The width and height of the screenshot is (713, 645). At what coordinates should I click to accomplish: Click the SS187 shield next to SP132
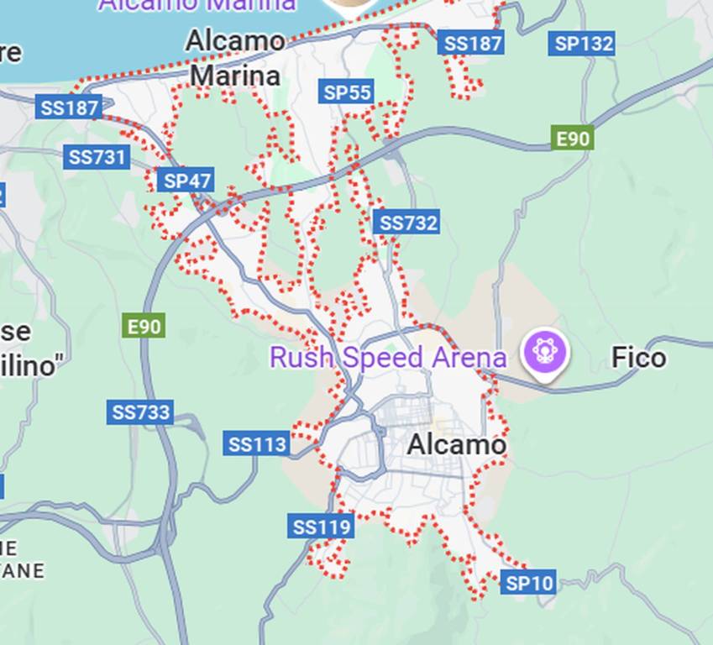pos(471,43)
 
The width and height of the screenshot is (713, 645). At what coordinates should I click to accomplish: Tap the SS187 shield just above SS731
pos(70,107)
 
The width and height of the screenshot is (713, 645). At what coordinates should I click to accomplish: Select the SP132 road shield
pos(583,43)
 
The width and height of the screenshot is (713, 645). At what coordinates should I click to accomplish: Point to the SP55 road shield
pos(346,92)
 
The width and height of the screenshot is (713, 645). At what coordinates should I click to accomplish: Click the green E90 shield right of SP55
pos(572,138)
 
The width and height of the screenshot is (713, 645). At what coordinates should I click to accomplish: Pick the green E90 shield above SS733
pos(143,326)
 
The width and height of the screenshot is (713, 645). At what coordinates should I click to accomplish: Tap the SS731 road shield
pos(97,157)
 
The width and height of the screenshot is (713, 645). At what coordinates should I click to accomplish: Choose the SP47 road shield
pos(186,181)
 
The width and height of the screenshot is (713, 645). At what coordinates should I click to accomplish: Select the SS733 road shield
pos(140,412)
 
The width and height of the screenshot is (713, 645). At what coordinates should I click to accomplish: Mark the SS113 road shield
pos(257,443)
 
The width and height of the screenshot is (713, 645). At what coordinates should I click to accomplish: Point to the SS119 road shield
pos(321,527)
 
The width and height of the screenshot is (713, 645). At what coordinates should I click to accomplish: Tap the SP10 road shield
pos(528,582)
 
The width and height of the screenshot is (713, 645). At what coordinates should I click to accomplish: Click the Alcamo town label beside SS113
pos(456,445)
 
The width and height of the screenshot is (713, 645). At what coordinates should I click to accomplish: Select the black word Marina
pos(234,76)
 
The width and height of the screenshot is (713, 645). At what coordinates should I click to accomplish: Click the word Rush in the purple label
pos(301,357)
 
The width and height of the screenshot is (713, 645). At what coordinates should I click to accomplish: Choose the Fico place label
pos(638,358)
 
